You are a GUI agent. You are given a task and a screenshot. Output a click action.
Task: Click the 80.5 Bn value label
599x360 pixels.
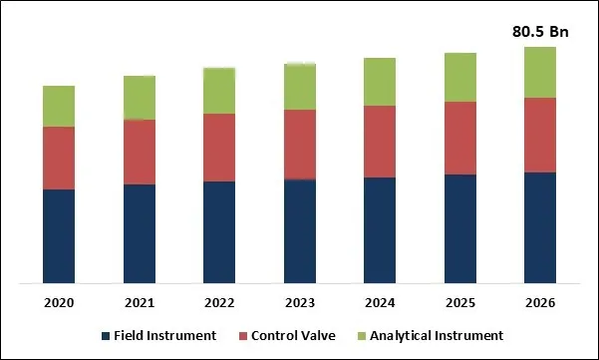(x=539, y=32)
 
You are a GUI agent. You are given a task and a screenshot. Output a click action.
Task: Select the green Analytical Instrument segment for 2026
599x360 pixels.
(x=539, y=72)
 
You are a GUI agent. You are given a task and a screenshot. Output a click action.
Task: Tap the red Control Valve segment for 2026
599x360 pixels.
(x=539, y=135)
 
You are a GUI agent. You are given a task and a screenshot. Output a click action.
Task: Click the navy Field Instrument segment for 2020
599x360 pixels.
(x=59, y=236)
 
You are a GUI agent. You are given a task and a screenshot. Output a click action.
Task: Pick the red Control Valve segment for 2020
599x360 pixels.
(x=59, y=158)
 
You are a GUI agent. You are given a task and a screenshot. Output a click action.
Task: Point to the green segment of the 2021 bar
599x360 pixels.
(x=140, y=98)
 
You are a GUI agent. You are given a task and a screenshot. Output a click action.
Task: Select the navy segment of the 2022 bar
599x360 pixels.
(x=219, y=232)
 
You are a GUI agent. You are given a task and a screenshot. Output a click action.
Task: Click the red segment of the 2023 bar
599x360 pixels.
(x=300, y=145)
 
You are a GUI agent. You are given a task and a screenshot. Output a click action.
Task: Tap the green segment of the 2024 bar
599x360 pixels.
(x=380, y=82)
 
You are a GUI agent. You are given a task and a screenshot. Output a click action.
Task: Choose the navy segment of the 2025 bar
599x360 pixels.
(x=459, y=229)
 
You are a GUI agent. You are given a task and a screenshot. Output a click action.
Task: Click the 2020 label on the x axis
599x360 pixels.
(x=59, y=302)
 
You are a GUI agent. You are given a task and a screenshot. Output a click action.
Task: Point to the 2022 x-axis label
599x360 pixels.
(x=219, y=302)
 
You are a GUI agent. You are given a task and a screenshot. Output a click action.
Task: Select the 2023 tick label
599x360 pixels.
(x=300, y=302)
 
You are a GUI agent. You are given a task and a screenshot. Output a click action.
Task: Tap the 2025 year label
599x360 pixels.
(x=459, y=302)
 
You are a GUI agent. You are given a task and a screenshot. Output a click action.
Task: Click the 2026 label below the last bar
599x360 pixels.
(x=539, y=302)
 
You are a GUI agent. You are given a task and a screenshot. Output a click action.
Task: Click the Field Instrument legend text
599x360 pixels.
(x=164, y=335)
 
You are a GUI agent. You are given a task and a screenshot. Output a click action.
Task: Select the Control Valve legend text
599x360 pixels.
(x=294, y=335)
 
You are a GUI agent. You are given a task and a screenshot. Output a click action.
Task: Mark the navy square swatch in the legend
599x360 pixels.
(x=106, y=335)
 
